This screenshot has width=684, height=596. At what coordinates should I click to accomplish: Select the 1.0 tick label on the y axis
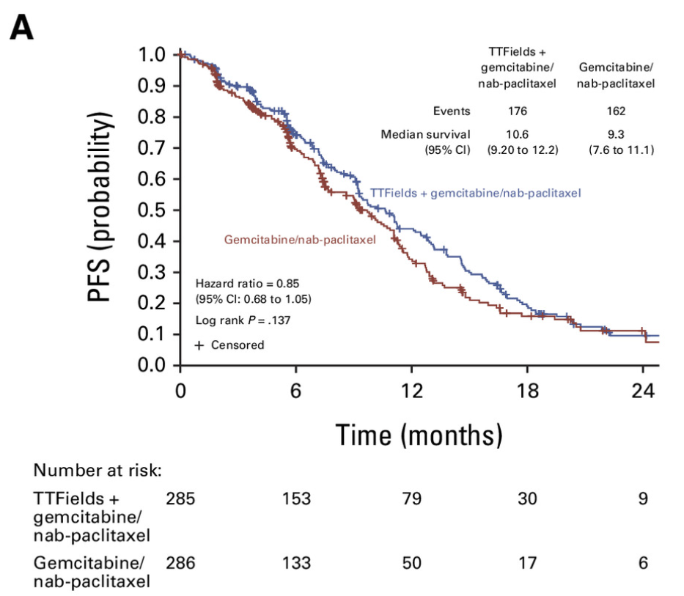point(154,55)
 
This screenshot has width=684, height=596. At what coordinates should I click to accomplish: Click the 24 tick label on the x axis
point(643,390)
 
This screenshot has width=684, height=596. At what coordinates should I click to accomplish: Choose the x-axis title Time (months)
point(419,435)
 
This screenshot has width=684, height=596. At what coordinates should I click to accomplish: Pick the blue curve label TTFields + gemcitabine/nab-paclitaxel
point(476,193)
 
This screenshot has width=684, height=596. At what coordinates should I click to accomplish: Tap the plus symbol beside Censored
point(199,345)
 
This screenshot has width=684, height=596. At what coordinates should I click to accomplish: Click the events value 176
point(517,111)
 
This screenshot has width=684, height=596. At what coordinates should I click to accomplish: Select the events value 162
point(616,111)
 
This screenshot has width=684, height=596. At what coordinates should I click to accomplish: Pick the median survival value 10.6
point(517,135)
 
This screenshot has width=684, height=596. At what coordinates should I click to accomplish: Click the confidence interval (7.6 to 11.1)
point(621,150)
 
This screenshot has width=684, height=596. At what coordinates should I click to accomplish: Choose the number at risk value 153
point(296,499)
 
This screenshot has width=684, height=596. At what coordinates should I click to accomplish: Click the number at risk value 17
point(527,563)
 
